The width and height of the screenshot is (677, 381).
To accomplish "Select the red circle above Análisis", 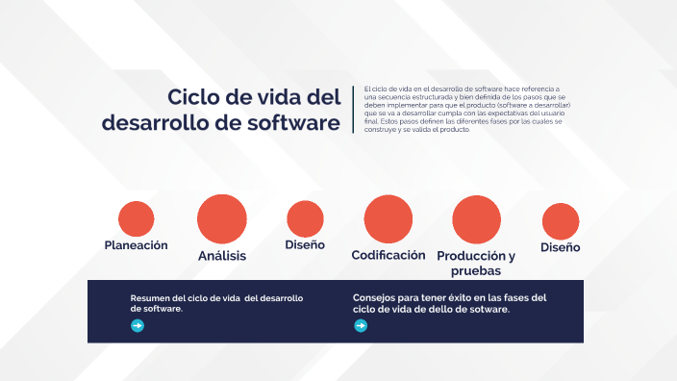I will (222, 218).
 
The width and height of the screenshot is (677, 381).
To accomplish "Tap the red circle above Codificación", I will (389, 218).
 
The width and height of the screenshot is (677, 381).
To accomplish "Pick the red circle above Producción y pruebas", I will (476, 219).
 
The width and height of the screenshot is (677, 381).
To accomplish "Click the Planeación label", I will (137, 245).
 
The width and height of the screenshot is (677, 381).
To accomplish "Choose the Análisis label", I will (222, 256).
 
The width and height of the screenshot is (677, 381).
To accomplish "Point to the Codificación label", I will (389, 255).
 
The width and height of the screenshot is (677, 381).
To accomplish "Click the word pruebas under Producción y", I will (476, 271).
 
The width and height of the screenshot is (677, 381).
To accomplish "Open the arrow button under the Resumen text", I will (138, 326).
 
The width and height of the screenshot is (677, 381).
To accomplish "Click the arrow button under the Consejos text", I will (361, 326).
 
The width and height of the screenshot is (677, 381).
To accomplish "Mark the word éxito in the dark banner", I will (451, 298).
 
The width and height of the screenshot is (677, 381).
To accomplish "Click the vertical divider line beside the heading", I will (354, 110).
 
